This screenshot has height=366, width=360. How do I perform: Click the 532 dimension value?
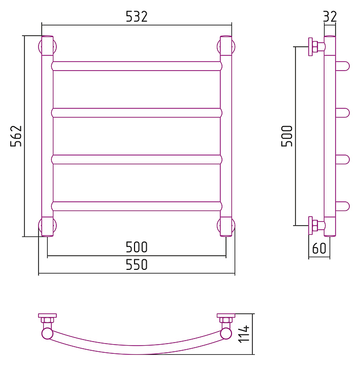(137, 17)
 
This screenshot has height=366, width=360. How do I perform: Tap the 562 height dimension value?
(16, 136)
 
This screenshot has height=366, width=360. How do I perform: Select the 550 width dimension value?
(137, 264)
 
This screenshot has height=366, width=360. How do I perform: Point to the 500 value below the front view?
(137, 247)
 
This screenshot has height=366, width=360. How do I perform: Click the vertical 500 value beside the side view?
(287, 136)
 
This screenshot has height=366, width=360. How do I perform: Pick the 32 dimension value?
(330, 17)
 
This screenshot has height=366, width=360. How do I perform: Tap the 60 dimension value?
(319, 249)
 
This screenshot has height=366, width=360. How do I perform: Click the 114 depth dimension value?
(244, 334)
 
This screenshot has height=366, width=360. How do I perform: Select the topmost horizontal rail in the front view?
(137, 66)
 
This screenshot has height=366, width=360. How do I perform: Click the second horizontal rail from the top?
(137, 113)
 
